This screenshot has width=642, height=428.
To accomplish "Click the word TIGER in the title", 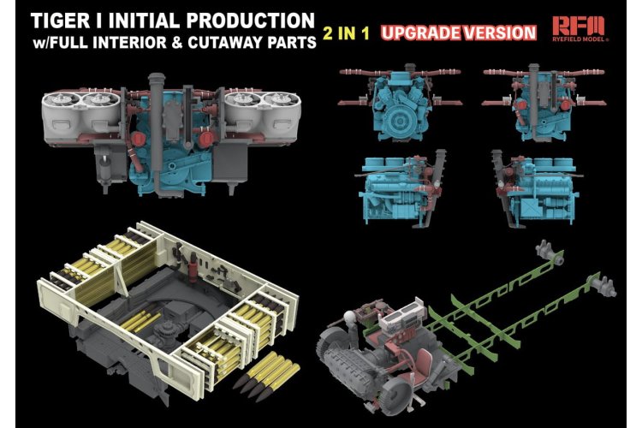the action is click(x=60, y=21).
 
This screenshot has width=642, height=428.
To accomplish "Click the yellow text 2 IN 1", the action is click(x=346, y=33).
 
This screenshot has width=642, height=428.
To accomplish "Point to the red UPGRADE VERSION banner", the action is click(x=458, y=33).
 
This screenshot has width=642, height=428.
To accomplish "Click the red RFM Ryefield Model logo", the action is click(x=579, y=28).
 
